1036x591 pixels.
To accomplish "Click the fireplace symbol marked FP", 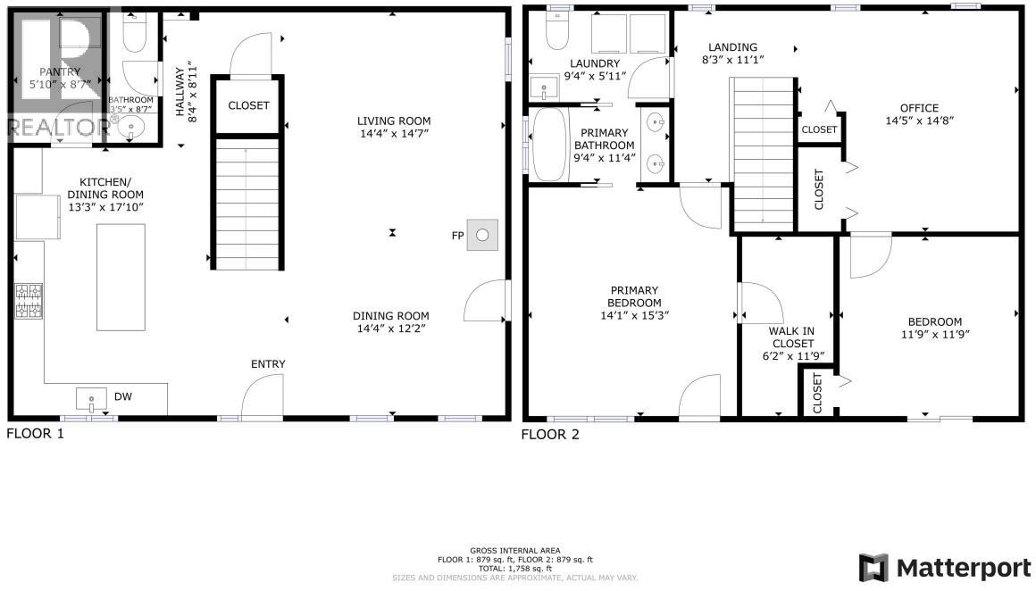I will coord(482,235).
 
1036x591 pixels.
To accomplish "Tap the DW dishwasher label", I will coord(122,395).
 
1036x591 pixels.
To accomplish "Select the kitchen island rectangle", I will coord(121,277).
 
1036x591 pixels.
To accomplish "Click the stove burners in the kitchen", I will coord(28,300).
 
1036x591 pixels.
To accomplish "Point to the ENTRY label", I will coord(268,363).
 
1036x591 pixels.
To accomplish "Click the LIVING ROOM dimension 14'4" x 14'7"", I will coord(394,134).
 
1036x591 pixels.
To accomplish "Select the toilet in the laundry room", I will coord(557,30).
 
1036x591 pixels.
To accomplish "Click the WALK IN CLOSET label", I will coord(791,343).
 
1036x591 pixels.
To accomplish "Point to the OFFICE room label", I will coord(919,108).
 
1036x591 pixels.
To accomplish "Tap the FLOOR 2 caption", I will coord(550,434).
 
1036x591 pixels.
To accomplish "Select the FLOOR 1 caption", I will coord(36,434).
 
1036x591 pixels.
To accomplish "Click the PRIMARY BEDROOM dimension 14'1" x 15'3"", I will coord(634,315).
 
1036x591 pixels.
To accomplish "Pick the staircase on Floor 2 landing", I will coord(762,152).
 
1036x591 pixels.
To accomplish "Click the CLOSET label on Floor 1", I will coord(248,105).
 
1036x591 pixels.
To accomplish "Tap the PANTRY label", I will coord(60,71).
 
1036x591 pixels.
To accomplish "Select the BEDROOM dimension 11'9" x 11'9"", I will coord(934,334).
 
